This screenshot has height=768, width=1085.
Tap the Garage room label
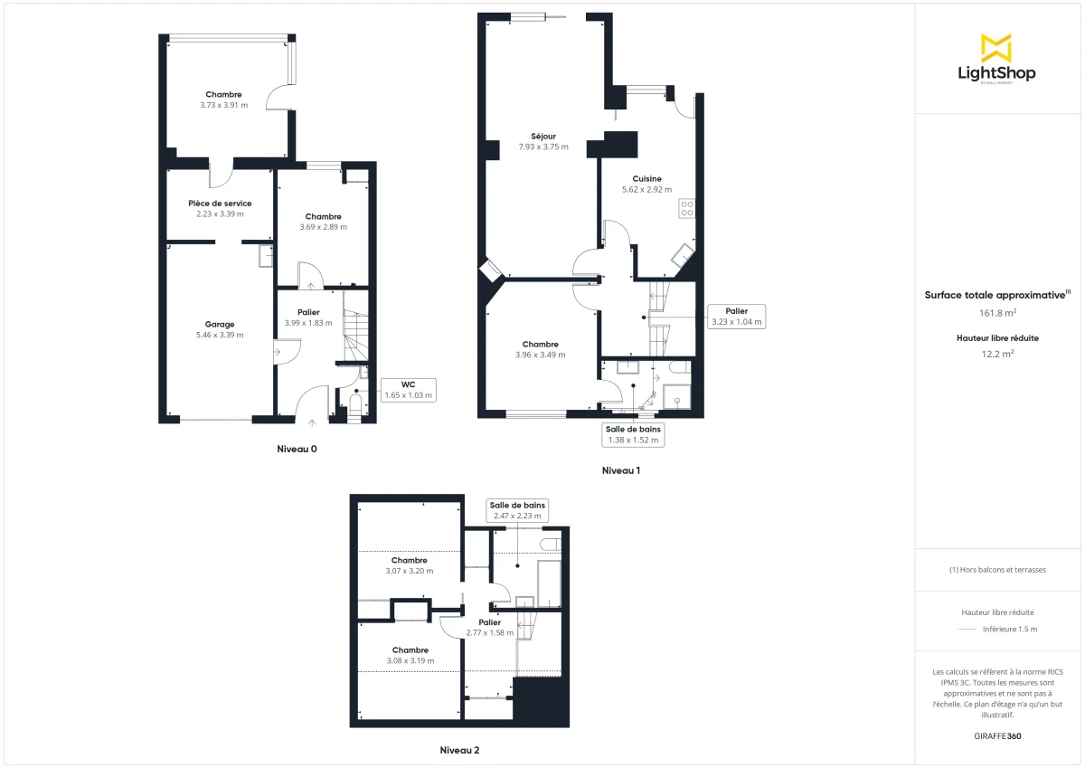(x=220, y=324)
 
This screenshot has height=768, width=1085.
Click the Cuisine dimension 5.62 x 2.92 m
(x=647, y=190)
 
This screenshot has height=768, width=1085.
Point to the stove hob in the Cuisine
(x=686, y=208)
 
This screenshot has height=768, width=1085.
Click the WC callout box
(x=409, y=390)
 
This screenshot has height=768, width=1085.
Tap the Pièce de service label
(x=220, y=204)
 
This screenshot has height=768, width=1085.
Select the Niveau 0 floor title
(x=297, y=449)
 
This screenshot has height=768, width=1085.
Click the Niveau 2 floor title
(x=459, y=750)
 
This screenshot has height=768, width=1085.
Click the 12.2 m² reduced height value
(x=997, y=354)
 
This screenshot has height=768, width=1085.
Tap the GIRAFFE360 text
(x=997, y=736)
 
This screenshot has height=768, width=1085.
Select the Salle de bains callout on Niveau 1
(x=633, y=434)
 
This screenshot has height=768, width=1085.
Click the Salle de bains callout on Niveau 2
(x=517, y=510)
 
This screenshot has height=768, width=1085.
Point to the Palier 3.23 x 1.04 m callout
(x=736, y=316)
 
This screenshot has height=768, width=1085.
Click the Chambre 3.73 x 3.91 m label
(x=223, y=95)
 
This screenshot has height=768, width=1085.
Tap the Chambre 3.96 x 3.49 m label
(x=540, y=344)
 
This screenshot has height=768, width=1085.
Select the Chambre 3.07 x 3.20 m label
(x=410, y=560)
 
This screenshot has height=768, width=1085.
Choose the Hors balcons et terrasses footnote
(x=997, y=570)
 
